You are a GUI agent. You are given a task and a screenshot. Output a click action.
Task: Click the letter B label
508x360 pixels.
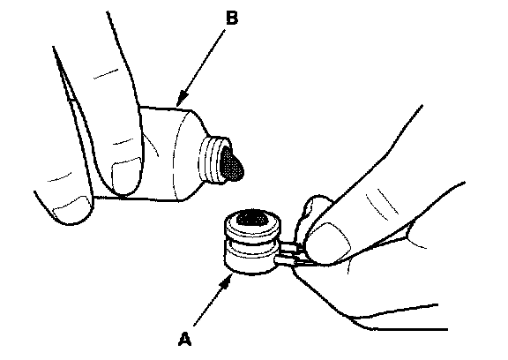click(232, 18)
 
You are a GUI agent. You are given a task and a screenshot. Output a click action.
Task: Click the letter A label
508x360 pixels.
click(184, 339)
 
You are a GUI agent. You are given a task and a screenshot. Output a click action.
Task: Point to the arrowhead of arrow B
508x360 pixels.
click(182, 99)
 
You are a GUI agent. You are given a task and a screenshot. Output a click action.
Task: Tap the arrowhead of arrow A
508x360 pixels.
click(226, 281)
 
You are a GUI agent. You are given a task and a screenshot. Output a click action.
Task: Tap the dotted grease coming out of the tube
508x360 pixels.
click(232, 162)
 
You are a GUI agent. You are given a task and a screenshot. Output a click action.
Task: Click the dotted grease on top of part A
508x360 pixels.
click(252, 217)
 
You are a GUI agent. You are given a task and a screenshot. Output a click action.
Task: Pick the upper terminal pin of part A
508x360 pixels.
click(290, 248)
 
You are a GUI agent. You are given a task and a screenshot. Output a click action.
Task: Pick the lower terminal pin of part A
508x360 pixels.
click(287, 259)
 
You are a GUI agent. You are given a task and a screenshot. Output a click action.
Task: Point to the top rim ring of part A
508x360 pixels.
click(252, 225)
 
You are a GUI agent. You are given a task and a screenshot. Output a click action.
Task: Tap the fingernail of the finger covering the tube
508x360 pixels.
click(126, 175)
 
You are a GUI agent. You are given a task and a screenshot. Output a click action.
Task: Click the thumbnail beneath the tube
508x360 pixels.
click(72, 207)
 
